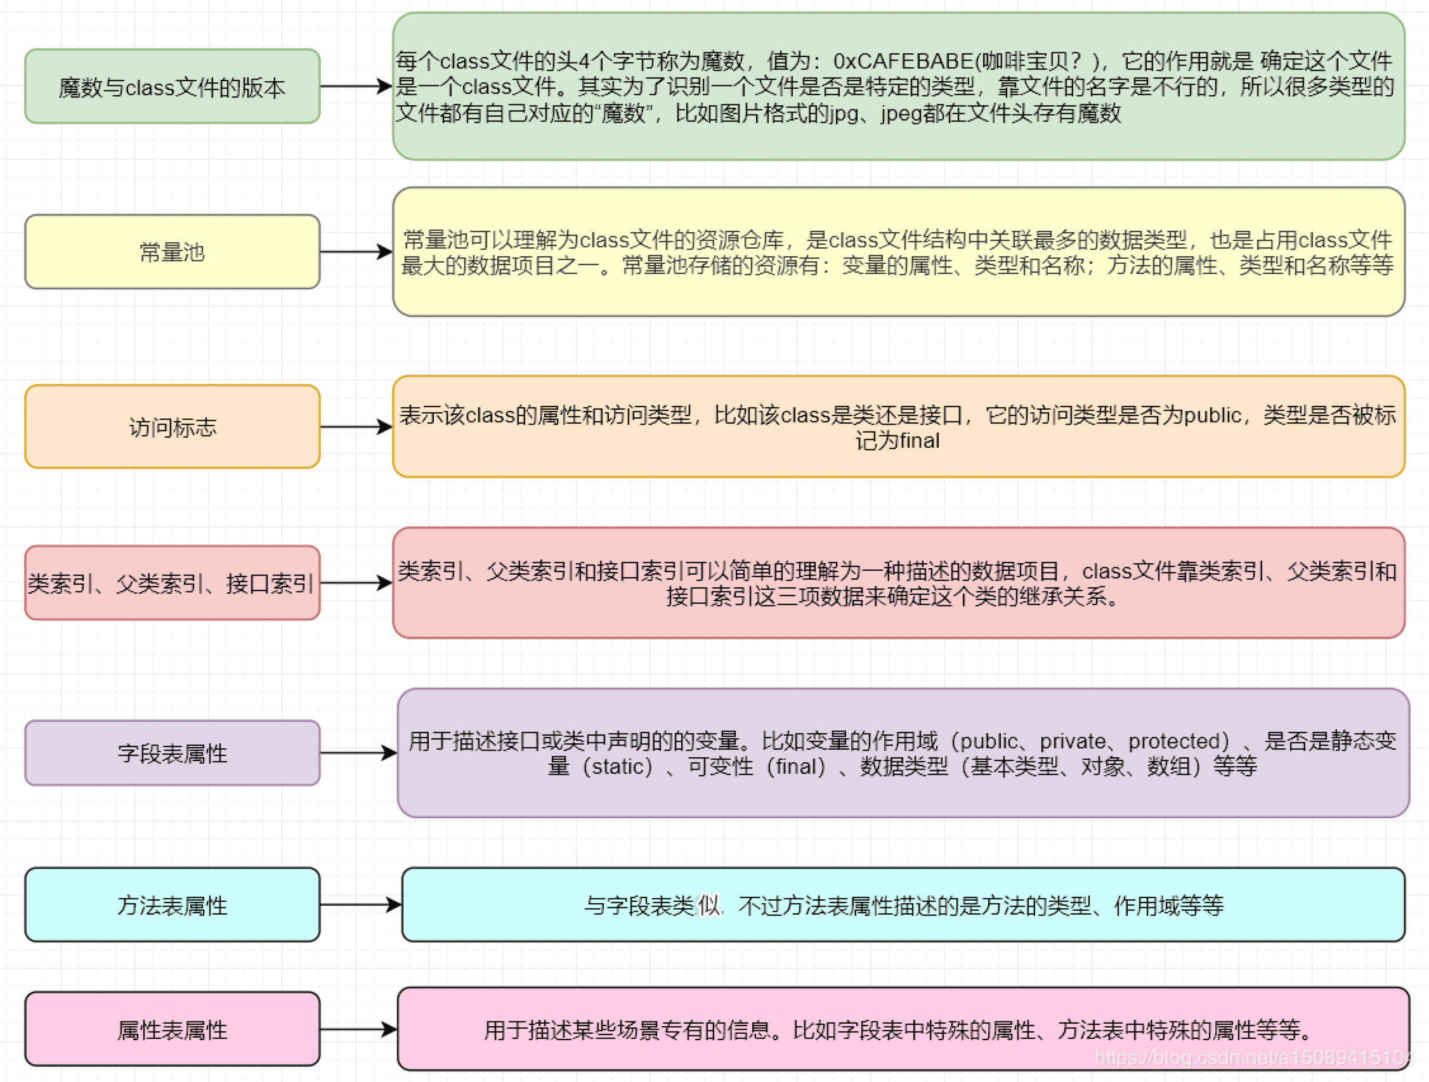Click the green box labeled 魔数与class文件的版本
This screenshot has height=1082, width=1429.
(x=172, y=86)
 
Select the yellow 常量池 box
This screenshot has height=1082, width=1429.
(x=172, y=252)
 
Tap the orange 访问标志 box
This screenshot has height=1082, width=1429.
(x=172, y=427)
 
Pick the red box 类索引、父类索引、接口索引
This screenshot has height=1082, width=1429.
(x=172, y=583)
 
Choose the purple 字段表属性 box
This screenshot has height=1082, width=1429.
(x=172, y=753)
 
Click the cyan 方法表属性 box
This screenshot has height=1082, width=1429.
(x=172, y=905)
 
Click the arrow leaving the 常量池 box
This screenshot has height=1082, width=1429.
(x=356, y=252)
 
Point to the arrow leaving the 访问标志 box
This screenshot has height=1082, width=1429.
(x=356, y=427)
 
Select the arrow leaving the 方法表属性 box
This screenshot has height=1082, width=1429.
(x=360, y=905)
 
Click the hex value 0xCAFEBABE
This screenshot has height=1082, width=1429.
(x=903, y=62)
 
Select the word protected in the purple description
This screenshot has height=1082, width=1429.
(x=1178, y=741)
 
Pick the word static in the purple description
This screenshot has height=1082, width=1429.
(x=618, y=767)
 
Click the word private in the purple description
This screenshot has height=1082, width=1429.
(x=1073, y=741)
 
